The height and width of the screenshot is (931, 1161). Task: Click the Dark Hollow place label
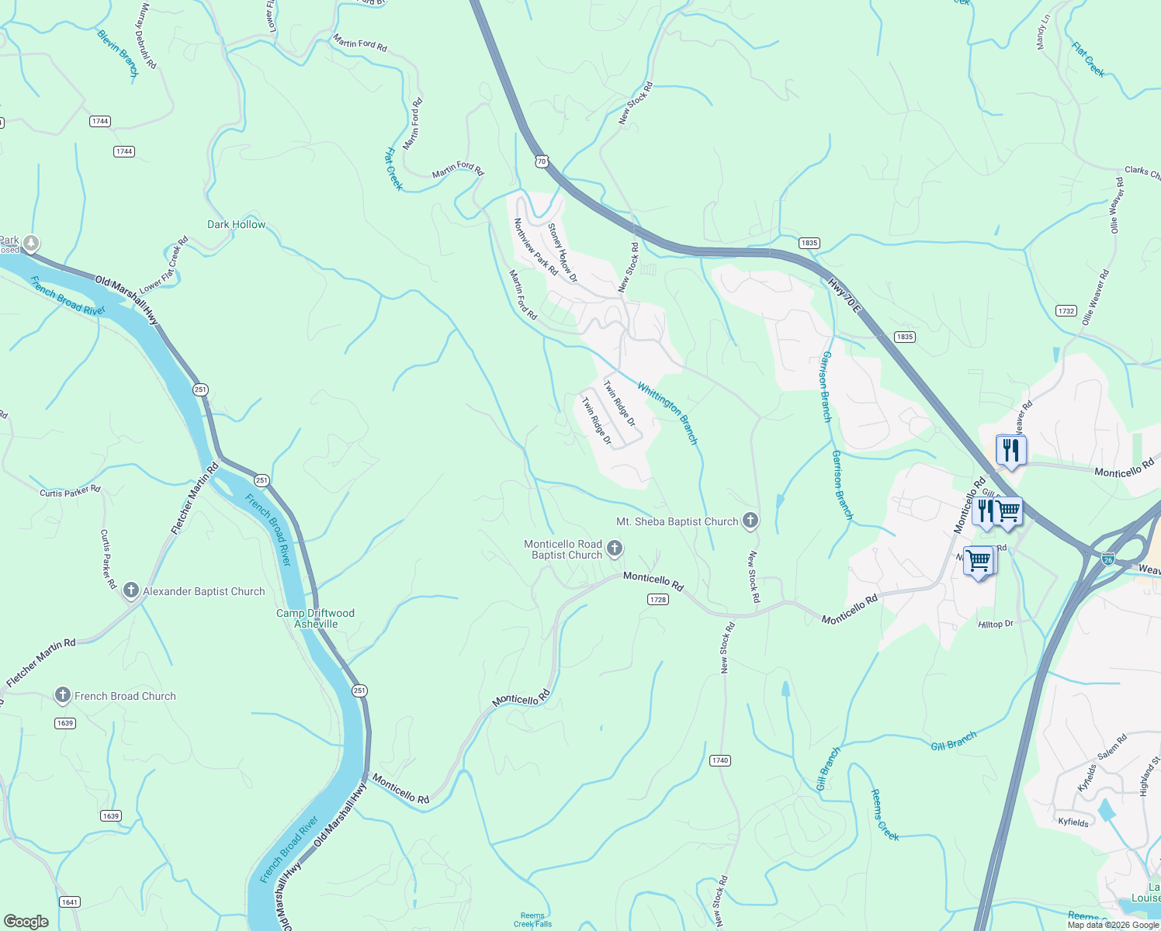click(x=236, y=224)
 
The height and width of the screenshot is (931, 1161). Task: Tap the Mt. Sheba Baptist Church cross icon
click(x=750, y=521)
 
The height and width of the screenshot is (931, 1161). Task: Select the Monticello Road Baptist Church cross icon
click(x=614, y=549)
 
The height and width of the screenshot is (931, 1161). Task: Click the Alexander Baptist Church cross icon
click(x=130, y=591)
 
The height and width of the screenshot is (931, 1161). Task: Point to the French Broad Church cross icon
click(x=63, y=696)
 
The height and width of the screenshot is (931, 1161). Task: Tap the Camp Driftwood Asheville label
click(x=316, y=618)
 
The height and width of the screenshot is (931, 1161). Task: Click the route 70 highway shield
click(x=541, y=161)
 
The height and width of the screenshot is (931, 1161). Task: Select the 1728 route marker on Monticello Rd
click(x=657, y=600)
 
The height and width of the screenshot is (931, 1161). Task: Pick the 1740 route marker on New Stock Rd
click(x=719, y=760)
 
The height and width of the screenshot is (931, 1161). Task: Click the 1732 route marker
click(x=1066, y=310)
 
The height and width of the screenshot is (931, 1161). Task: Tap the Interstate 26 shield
click(x=1107, y=558)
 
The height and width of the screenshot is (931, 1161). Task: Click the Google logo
click(x=26, y=921)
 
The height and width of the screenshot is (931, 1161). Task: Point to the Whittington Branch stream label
click(x=667, y=414)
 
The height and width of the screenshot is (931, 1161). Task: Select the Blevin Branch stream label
click(x=117, y=53)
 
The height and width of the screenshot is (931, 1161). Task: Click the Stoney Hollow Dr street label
click(x=563, y=253)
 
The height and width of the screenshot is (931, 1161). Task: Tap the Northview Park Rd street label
click(x=535, y=247)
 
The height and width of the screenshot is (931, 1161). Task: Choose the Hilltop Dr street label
click(x=996, y=624)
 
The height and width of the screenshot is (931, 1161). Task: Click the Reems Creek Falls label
click(x=532, y=919)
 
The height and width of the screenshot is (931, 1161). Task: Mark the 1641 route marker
click(x=69, y=902)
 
